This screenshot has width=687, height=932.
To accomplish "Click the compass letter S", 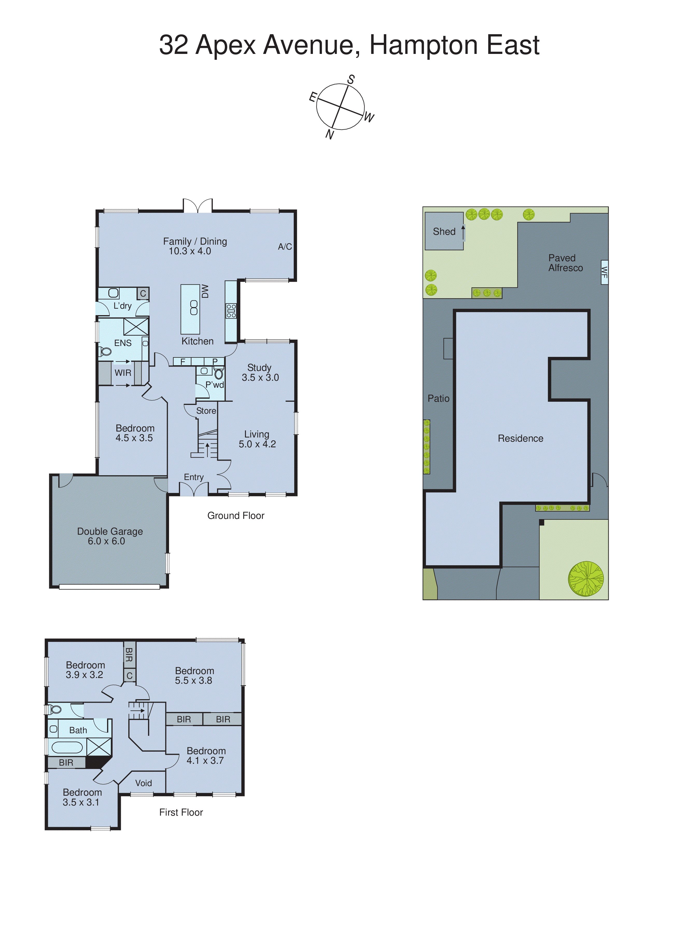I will tap(351, 79).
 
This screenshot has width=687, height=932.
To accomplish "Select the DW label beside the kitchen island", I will tap(205, 291).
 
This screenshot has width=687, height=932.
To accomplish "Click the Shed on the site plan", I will tap(444, 231).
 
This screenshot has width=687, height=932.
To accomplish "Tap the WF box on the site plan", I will tap(604, 272).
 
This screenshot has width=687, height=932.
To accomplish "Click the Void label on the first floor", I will tap(143, 783).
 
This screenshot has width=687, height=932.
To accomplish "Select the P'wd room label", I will tap(215, 385).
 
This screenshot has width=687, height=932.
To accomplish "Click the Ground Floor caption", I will tap(236, 516).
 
